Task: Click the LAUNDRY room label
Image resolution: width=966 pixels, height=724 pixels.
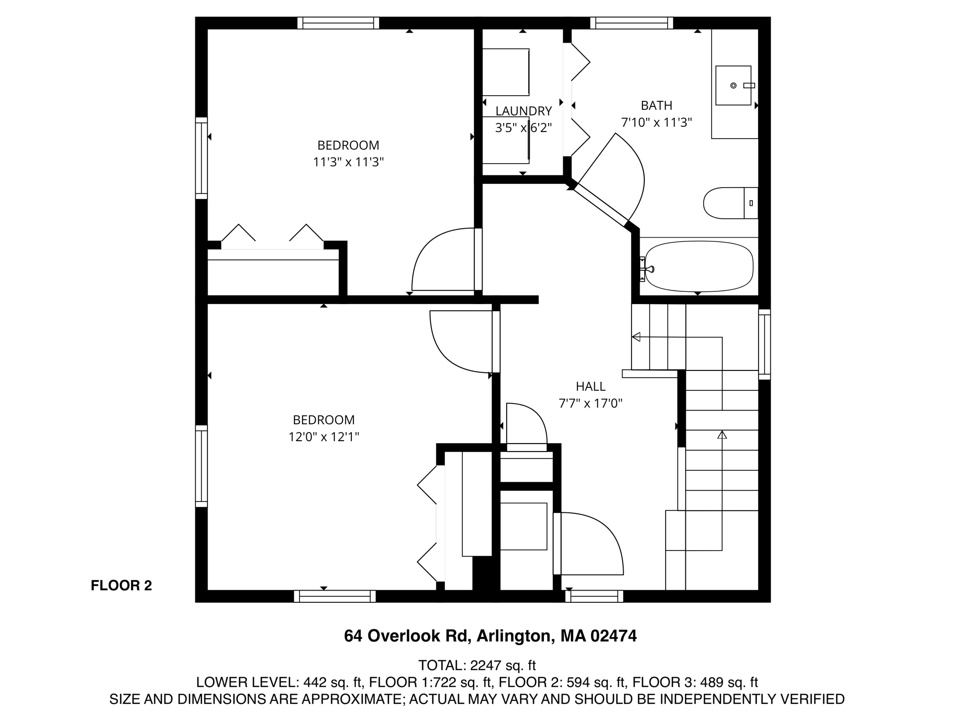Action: (523, 111)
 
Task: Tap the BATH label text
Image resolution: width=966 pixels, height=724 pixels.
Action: (656, 106)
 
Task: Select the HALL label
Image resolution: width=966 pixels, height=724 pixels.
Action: (591, 387)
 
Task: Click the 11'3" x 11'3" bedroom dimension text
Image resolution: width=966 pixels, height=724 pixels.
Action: (348, 162)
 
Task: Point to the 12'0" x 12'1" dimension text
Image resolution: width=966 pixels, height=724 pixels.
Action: (324, 437)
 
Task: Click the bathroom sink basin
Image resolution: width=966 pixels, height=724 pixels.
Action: (733, 85)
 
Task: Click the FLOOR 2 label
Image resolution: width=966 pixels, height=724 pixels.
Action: (121, 585)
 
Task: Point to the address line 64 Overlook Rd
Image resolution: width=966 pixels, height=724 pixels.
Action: (490, 636)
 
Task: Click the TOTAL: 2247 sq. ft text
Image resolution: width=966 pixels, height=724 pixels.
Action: (477, 665)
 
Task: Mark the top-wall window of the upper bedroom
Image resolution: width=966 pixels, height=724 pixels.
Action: (338, 23)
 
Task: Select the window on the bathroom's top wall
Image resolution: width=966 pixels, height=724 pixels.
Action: (632, 23)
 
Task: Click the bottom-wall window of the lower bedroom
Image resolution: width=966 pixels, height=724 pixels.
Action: (335, 596)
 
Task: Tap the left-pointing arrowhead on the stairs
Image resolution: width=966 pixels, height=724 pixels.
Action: (636, 337)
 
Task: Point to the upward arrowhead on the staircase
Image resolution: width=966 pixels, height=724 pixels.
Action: (722, 435)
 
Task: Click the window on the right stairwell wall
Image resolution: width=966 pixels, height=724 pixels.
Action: (764, 344)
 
